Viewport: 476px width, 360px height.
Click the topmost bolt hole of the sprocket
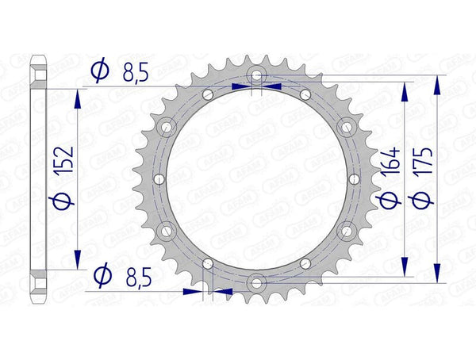[255, 75]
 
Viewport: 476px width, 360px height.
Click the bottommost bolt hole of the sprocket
[255, 282]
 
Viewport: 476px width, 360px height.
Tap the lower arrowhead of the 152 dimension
[78, 260]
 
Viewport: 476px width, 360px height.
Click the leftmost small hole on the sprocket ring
[158, 178]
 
